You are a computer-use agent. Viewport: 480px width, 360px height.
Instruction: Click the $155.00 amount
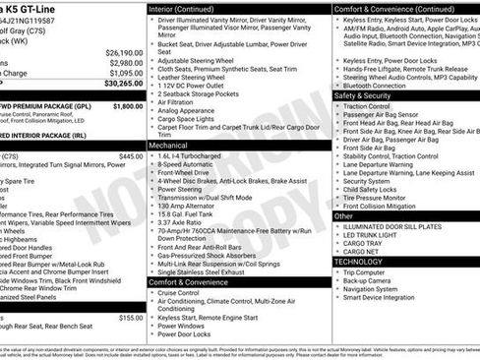click(x=131, y=318)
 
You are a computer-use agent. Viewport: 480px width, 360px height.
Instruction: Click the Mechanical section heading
click(x=168, y=144)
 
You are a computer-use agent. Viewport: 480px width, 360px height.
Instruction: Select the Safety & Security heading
click(x=362, y=95)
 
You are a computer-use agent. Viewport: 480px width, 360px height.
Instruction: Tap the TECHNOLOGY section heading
click(x=358, y=262)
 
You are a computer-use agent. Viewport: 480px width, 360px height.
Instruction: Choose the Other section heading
click(x=343, y=214)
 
